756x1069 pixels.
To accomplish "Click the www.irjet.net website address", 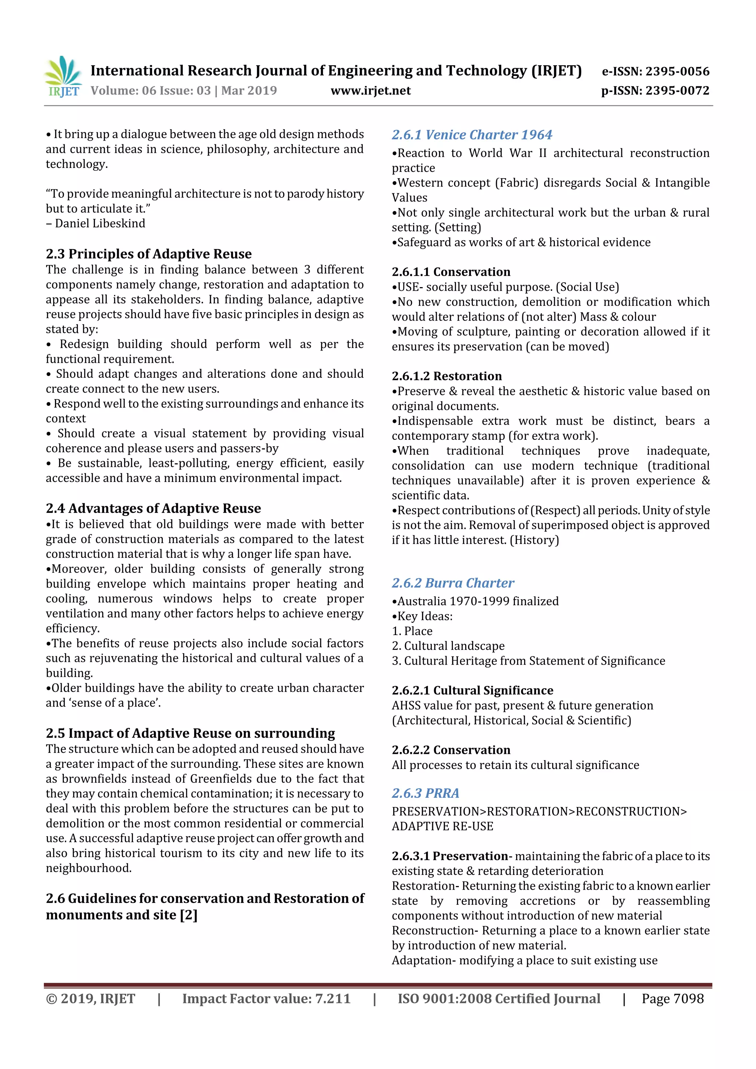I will pyautogui.click(x=370, y=91).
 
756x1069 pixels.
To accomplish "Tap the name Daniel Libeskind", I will pyautogui.click(x=100, y=224).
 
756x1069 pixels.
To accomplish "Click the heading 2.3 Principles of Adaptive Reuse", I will pyautogui.click(x=149, y=254).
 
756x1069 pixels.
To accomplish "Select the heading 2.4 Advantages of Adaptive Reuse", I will pyautogui.click(x=153, y=508).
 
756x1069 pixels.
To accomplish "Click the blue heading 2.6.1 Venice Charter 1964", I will pyautogui.click(x=471, y=135).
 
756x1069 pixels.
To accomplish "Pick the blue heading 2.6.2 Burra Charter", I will pyautogui.click(x=453, y=583).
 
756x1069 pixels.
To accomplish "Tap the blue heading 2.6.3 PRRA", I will pyautogui.click(x=425, y=793).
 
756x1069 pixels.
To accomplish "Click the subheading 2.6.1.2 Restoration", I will pyautogui.click(x=446, y=376).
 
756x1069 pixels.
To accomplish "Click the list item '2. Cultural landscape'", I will pyautogui.click(x=448, y=646).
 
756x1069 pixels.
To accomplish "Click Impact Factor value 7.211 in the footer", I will pyautogui.click(x=266, y=999).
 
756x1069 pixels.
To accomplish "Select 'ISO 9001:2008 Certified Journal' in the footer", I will pyautogui.click(x=498, y=999).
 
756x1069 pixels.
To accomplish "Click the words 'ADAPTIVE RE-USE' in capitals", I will pyautogui.click(x=442, y=827).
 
